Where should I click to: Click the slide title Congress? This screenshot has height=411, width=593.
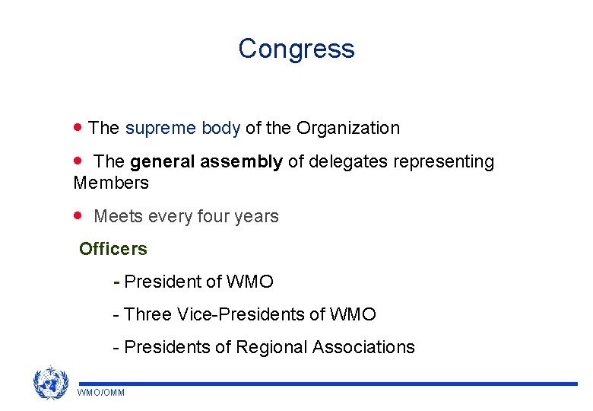tap(296, 49)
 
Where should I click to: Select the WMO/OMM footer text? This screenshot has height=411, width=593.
tap(101, 393)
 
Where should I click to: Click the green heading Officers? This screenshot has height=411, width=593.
tap(113, 249)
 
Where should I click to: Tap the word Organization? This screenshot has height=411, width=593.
tap(348, 128)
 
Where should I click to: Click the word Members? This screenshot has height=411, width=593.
tap(111, 183)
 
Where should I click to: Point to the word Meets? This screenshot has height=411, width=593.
tap(116, 217)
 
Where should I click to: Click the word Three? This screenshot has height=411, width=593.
tap(147, 314)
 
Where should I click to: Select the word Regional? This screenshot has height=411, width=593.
tap(271, 348)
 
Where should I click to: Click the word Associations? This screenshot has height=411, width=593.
tap(363, 348)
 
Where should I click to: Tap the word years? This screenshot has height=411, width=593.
tap(258, 217)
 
